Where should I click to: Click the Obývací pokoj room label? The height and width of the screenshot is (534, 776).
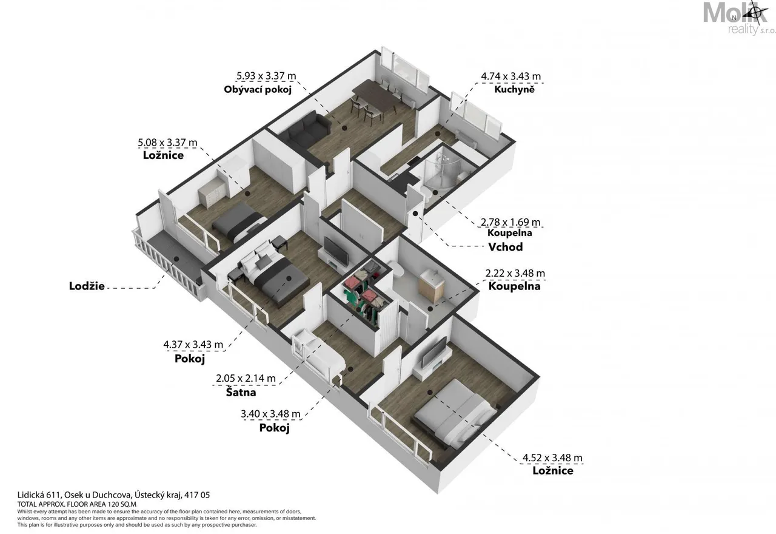[x=258, y=89]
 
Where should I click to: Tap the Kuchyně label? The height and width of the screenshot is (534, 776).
[x=514, y=89]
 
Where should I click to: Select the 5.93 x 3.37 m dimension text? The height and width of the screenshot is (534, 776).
[x=266, y=76]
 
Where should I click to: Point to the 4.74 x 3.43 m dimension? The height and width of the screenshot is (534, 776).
[x=510, y=76]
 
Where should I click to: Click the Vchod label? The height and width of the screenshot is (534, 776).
[x=506, y=247]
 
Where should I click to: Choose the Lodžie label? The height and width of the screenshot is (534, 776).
[x=87, y=286]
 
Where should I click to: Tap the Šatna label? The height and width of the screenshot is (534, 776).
[x=241, y=392]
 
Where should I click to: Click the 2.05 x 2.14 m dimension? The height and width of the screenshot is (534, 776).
[x=246, y=378]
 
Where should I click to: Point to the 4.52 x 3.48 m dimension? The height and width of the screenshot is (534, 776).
[x=552, y=458]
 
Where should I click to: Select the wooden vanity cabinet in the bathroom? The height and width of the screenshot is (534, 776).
[x=431, y=286]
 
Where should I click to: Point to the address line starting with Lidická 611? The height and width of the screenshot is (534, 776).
[x=113, y=495]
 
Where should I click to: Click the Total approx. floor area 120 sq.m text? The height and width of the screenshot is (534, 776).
[x=77, y=504]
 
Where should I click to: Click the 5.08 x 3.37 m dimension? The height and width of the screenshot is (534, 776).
[x=167, y=143]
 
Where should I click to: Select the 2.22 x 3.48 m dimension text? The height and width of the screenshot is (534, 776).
[x=515, y=273]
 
